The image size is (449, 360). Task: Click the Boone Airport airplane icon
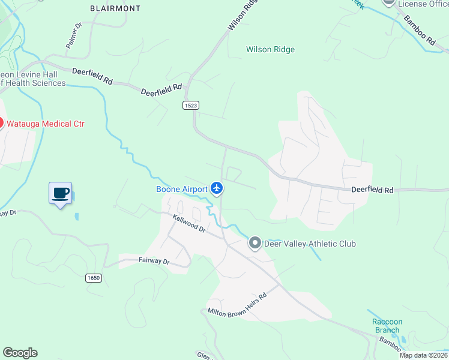217,189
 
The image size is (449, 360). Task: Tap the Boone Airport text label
182,189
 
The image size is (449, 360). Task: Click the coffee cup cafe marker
60,193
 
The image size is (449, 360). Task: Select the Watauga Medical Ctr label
45,124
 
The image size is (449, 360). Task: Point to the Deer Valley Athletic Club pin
255,243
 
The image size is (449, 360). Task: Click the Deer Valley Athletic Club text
310,244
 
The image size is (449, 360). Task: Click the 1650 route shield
93,278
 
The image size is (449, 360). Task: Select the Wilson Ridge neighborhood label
270,50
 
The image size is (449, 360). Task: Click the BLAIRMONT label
115,8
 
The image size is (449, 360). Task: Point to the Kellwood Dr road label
189,224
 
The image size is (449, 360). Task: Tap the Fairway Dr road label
154,261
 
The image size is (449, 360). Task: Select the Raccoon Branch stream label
387,326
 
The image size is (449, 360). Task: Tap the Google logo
20,353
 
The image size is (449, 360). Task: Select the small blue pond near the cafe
76,215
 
